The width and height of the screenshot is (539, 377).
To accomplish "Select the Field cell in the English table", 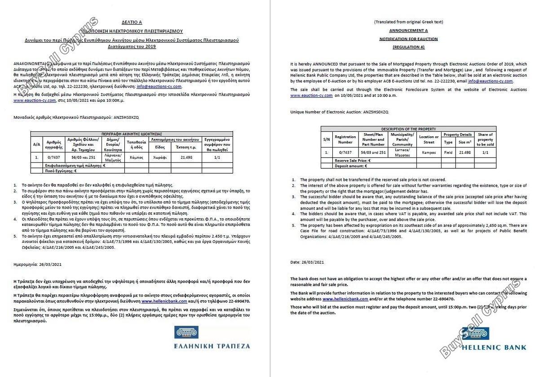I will [448, 153].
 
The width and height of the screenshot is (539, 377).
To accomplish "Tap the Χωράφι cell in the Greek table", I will [160, 157].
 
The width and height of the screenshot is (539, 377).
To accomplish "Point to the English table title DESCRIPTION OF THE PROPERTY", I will [408, 129].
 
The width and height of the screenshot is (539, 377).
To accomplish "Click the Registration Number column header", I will [345, 139].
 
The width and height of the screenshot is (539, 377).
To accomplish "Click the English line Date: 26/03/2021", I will [307, 262].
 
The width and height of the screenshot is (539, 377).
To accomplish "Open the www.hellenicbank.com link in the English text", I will [345, 299].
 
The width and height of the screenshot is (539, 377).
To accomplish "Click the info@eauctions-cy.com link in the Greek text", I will [165, 86].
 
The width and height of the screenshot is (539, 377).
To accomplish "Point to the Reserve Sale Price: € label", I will [353, 160].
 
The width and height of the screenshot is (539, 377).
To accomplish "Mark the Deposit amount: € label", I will [350, 166].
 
